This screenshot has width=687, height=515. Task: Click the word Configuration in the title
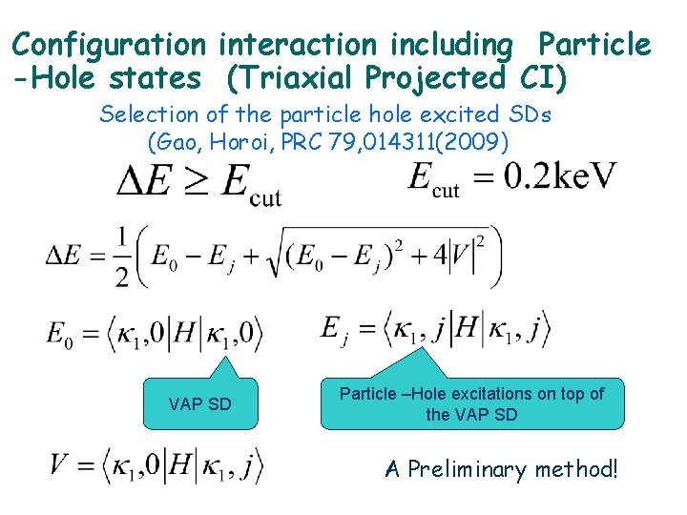(x=109, y=44)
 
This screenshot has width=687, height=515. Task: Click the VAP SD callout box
(x=199, y=403)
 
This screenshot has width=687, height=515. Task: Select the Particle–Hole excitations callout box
(x=472, y=403)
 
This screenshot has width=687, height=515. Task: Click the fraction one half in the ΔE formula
(x=122, y=256)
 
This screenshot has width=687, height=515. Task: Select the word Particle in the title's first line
(x=593, y=44)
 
